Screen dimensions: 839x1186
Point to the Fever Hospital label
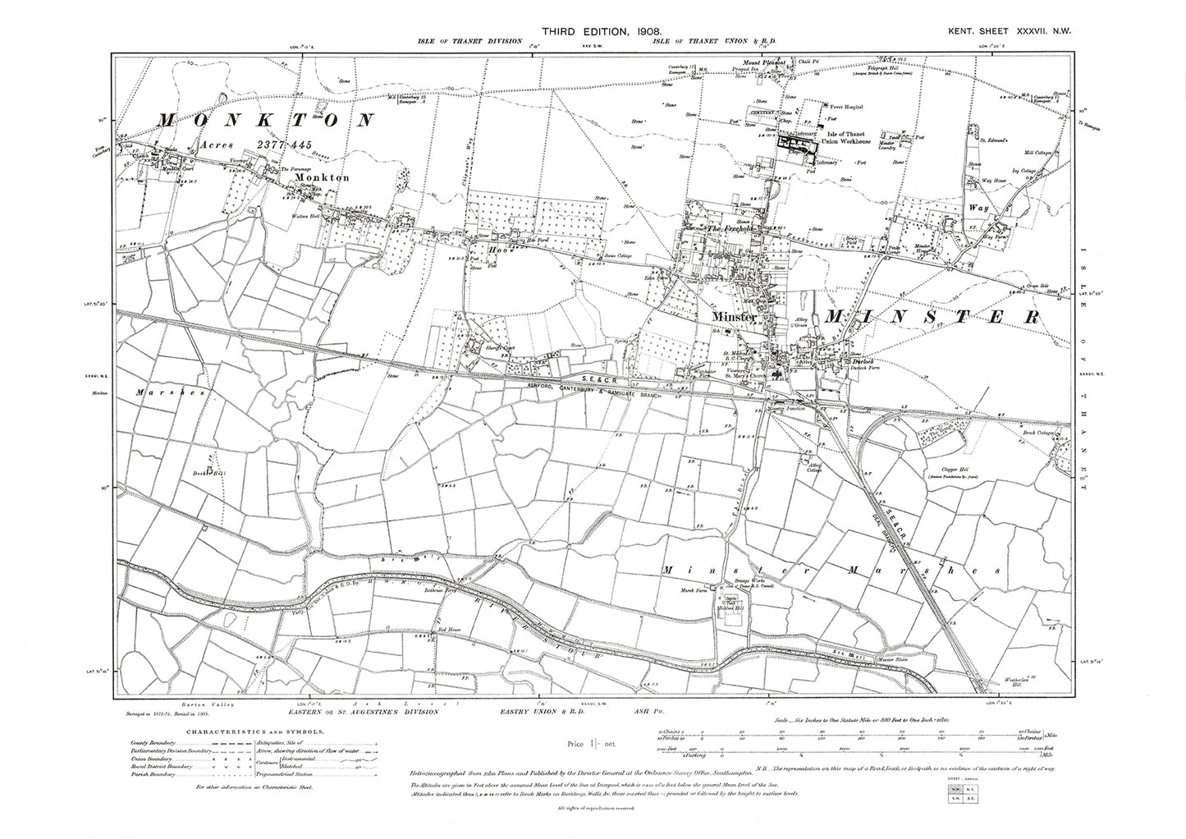coord(845,106)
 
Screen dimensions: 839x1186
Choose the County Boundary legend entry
coord(153,742)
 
